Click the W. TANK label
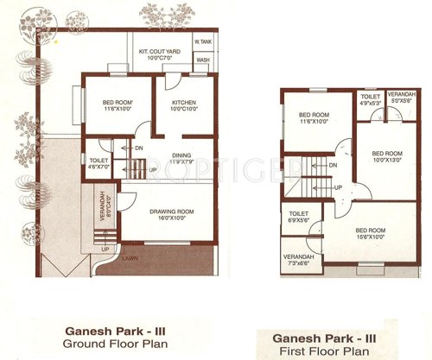point(204,41)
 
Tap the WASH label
point(203,60)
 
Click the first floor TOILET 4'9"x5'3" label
point(370,100)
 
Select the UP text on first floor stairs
point(339,187)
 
